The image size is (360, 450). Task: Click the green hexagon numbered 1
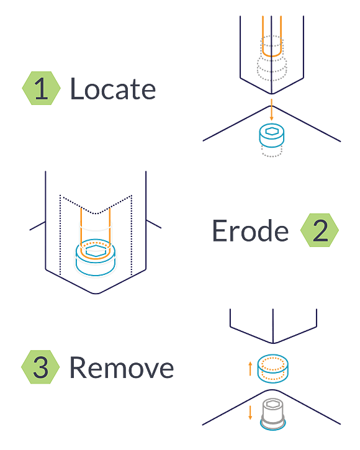[42, 88]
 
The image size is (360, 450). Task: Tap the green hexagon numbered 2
[320, 230]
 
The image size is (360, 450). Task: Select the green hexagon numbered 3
[40, 367]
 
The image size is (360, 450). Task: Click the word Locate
[113, 89]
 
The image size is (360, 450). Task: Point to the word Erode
[250, 231]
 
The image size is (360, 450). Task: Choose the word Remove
[122, 367]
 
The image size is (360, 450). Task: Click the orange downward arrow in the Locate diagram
[272, 110]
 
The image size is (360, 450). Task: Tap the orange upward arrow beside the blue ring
[250, 369]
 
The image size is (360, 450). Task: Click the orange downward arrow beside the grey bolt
[250, 412]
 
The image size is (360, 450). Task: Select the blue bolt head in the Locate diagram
[272, 135]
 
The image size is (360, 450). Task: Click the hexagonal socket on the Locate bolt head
[272, 132]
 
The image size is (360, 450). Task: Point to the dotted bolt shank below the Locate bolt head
[272, 151]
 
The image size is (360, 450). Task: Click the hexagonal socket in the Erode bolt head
[96, 251]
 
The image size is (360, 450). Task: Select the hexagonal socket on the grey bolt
[272, 404]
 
